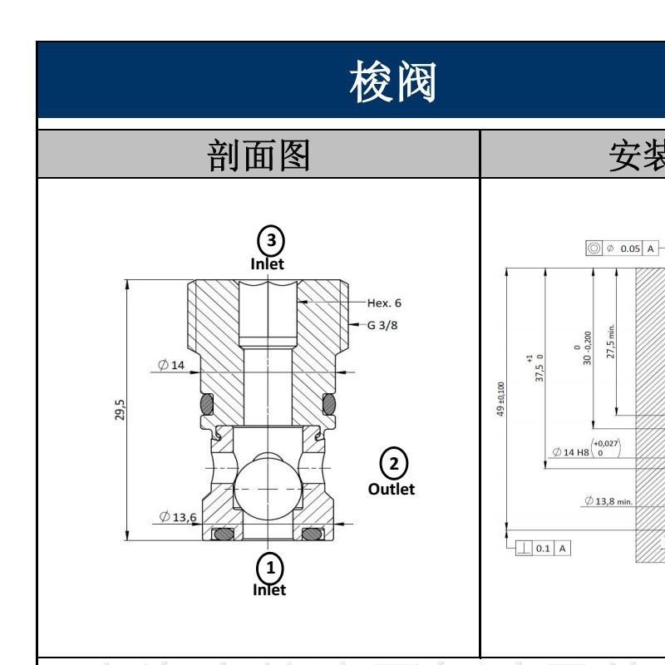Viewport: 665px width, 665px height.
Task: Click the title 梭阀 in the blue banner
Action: [x=393, y=81]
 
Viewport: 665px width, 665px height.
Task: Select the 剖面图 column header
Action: [x=259, y=155]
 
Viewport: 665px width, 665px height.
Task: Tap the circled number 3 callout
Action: [x=269, y=240]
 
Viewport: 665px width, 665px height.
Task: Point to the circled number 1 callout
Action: [x=269, y=568]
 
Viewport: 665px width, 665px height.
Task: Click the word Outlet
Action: [x=392, y=489]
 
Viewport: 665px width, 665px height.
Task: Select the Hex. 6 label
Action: [x=384, y=303]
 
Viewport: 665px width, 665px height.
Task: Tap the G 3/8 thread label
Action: [x=382, y=325]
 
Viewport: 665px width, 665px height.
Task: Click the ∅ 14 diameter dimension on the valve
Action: [x=172, y=364]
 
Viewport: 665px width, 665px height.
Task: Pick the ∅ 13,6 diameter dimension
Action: [x=177, y=516]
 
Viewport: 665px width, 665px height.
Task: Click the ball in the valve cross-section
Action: [x=268, y=490]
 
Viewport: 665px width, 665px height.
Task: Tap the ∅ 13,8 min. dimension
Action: [x=608, y=500]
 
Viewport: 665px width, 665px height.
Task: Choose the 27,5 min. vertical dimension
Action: [x=611, y=340]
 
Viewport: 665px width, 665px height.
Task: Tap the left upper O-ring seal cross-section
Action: [x=206, y=404]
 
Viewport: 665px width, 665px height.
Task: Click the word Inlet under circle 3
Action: [x=268, y=264]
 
